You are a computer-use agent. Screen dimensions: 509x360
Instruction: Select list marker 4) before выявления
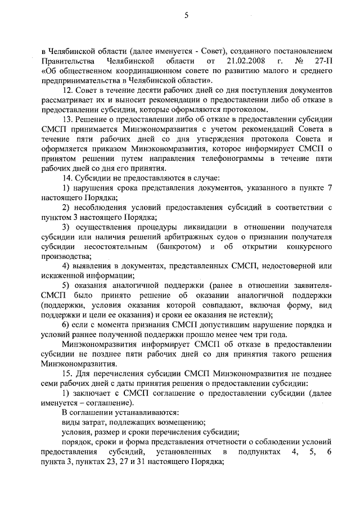point(65,265)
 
